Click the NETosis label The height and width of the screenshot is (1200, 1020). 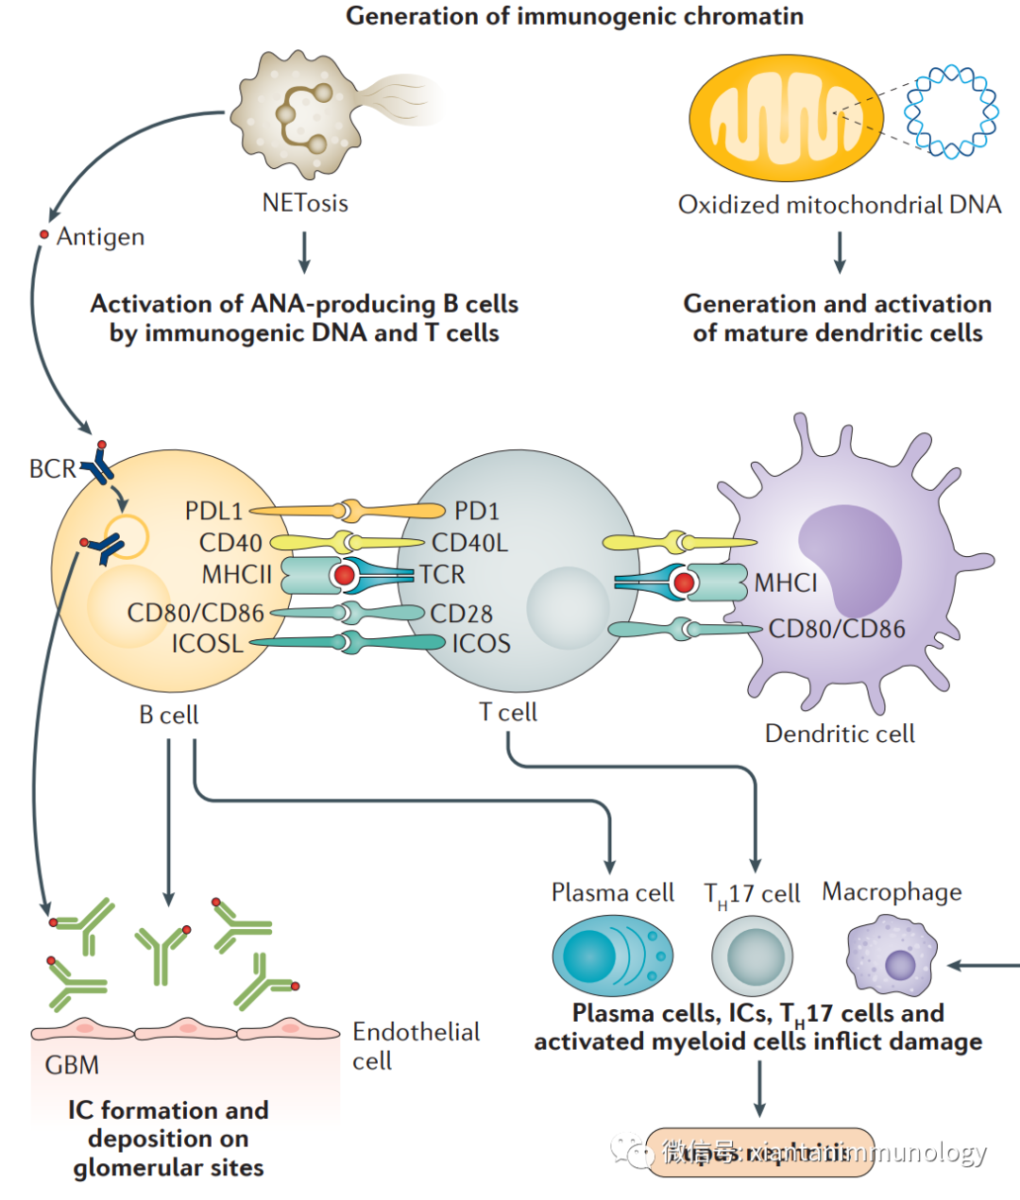[305, 203]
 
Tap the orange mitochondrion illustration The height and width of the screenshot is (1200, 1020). [786, 119]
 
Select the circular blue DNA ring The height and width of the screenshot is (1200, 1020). [951, 112]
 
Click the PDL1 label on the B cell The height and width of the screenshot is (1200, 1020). [213, 511]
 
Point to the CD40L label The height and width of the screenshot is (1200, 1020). [469, 543]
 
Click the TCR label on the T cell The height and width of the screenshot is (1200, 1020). [443, 574]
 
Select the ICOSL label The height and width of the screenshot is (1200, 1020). [207, 644]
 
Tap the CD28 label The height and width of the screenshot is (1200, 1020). [461, 614]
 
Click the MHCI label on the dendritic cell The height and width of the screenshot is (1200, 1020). [786, 583]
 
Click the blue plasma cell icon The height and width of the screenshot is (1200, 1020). [613, 955]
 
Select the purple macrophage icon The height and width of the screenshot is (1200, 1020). [892, 957]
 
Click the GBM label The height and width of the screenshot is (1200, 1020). [72, 1065]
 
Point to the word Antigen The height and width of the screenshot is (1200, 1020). [100, 236]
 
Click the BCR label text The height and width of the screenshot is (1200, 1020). [52, 468]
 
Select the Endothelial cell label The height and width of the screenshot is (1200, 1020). [416, 1045]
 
